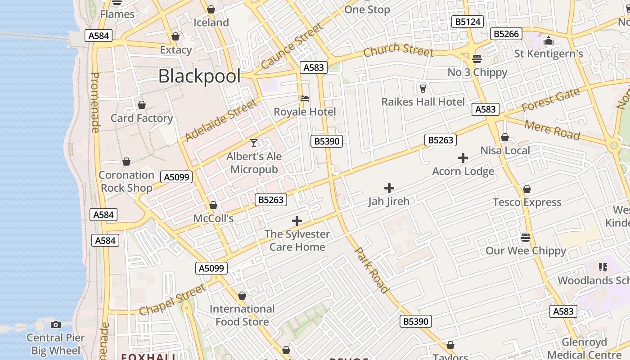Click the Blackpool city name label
[x=199, y=76]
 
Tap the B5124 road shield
[x=468, y=22]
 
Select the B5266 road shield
[x=507, y=34]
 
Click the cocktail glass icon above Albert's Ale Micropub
[x=254, y=143]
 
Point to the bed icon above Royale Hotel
[x=305, y=99]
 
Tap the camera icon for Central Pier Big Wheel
[x=56, y=324]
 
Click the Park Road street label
[x=372, y=270]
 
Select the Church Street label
[x=398, y=50]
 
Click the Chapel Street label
[x=172, y=299]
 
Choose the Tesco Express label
[x=527, y=202]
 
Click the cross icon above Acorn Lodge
[x=463, y=158]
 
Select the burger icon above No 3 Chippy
[x=477, y=59]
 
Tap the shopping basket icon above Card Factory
[x=142, y=105]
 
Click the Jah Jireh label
[x=389, y=201]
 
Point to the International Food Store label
[x=242, y=315]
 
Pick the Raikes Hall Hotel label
[x=423, y=102]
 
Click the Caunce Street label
[x=292, y=46]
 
